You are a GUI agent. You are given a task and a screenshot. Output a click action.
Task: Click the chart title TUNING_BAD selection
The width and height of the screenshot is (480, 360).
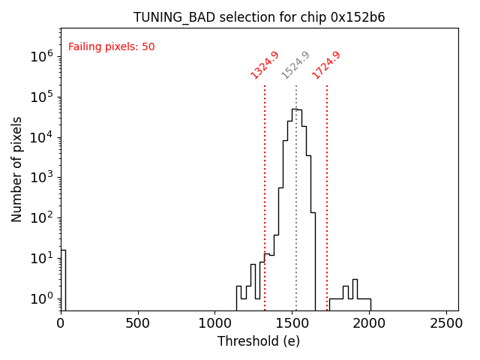pos(259,17)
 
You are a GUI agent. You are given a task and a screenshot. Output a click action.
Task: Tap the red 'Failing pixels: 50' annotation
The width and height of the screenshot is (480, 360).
pos(111,46)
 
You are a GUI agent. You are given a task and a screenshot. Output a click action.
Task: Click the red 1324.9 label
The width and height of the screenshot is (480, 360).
pos(265,64)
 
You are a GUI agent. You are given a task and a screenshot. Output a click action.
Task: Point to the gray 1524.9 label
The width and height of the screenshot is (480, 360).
pos(295,64)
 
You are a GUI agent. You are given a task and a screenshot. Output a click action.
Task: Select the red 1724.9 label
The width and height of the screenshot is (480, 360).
pos(326,64)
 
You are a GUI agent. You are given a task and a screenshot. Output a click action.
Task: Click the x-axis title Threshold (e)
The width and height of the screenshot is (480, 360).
pos(259,341)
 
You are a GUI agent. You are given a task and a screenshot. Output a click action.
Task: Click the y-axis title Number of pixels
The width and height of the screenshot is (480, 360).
pos(17,169)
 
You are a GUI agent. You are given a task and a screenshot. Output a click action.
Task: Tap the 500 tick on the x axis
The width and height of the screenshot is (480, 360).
pos(138,323)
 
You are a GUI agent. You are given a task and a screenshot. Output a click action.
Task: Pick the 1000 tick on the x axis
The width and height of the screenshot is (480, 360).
pos(215,323)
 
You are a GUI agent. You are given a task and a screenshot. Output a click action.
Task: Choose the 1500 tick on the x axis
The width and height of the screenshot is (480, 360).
pos(292,323)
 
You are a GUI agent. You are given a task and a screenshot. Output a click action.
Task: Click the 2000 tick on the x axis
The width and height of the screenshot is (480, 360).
pos(370,323)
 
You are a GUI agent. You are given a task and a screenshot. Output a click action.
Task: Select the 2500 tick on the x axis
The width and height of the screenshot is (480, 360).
pos(447,323)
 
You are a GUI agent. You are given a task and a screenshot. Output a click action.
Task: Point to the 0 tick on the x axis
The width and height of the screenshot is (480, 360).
pos(61,323)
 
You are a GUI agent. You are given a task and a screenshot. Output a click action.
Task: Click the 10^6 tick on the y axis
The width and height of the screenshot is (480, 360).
pos(42,56)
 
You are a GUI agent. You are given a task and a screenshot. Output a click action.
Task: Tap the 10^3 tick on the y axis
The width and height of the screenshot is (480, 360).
pos(42,178)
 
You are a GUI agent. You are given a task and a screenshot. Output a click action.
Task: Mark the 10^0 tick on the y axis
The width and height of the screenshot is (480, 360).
pos(42,298)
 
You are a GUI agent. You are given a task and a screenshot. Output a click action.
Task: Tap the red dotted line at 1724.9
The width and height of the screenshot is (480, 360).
pos(327,195)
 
